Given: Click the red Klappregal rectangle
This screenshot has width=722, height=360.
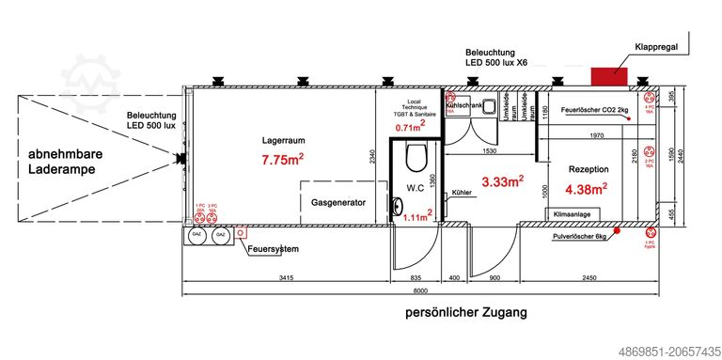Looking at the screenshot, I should coord(610,75).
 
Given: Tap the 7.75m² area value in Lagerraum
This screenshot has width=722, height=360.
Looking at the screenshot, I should coord(281,161).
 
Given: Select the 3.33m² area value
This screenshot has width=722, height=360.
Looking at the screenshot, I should coord(502,181).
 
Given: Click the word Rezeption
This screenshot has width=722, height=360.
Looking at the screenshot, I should coord(589,168).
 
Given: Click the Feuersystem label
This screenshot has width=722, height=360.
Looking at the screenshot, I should coord(273,248).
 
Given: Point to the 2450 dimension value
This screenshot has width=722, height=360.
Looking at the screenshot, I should coord(589,278).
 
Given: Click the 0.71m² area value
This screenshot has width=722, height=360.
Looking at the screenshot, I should coord(410,127).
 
